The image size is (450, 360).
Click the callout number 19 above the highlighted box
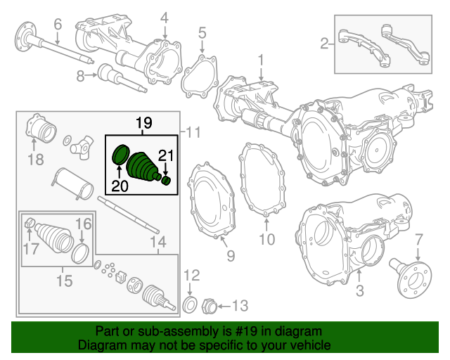point(143,124)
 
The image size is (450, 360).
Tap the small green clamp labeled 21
point(167,181)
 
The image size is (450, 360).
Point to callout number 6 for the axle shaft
point(57,24)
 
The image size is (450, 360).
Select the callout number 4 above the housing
point(164,18)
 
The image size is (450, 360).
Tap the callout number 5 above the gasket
point(202,32)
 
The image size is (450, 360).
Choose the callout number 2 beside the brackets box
point(324,44)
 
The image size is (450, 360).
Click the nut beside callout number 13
point(208,306)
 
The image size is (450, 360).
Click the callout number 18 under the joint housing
point(35,160)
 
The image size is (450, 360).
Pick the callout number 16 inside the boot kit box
point(83,224)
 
